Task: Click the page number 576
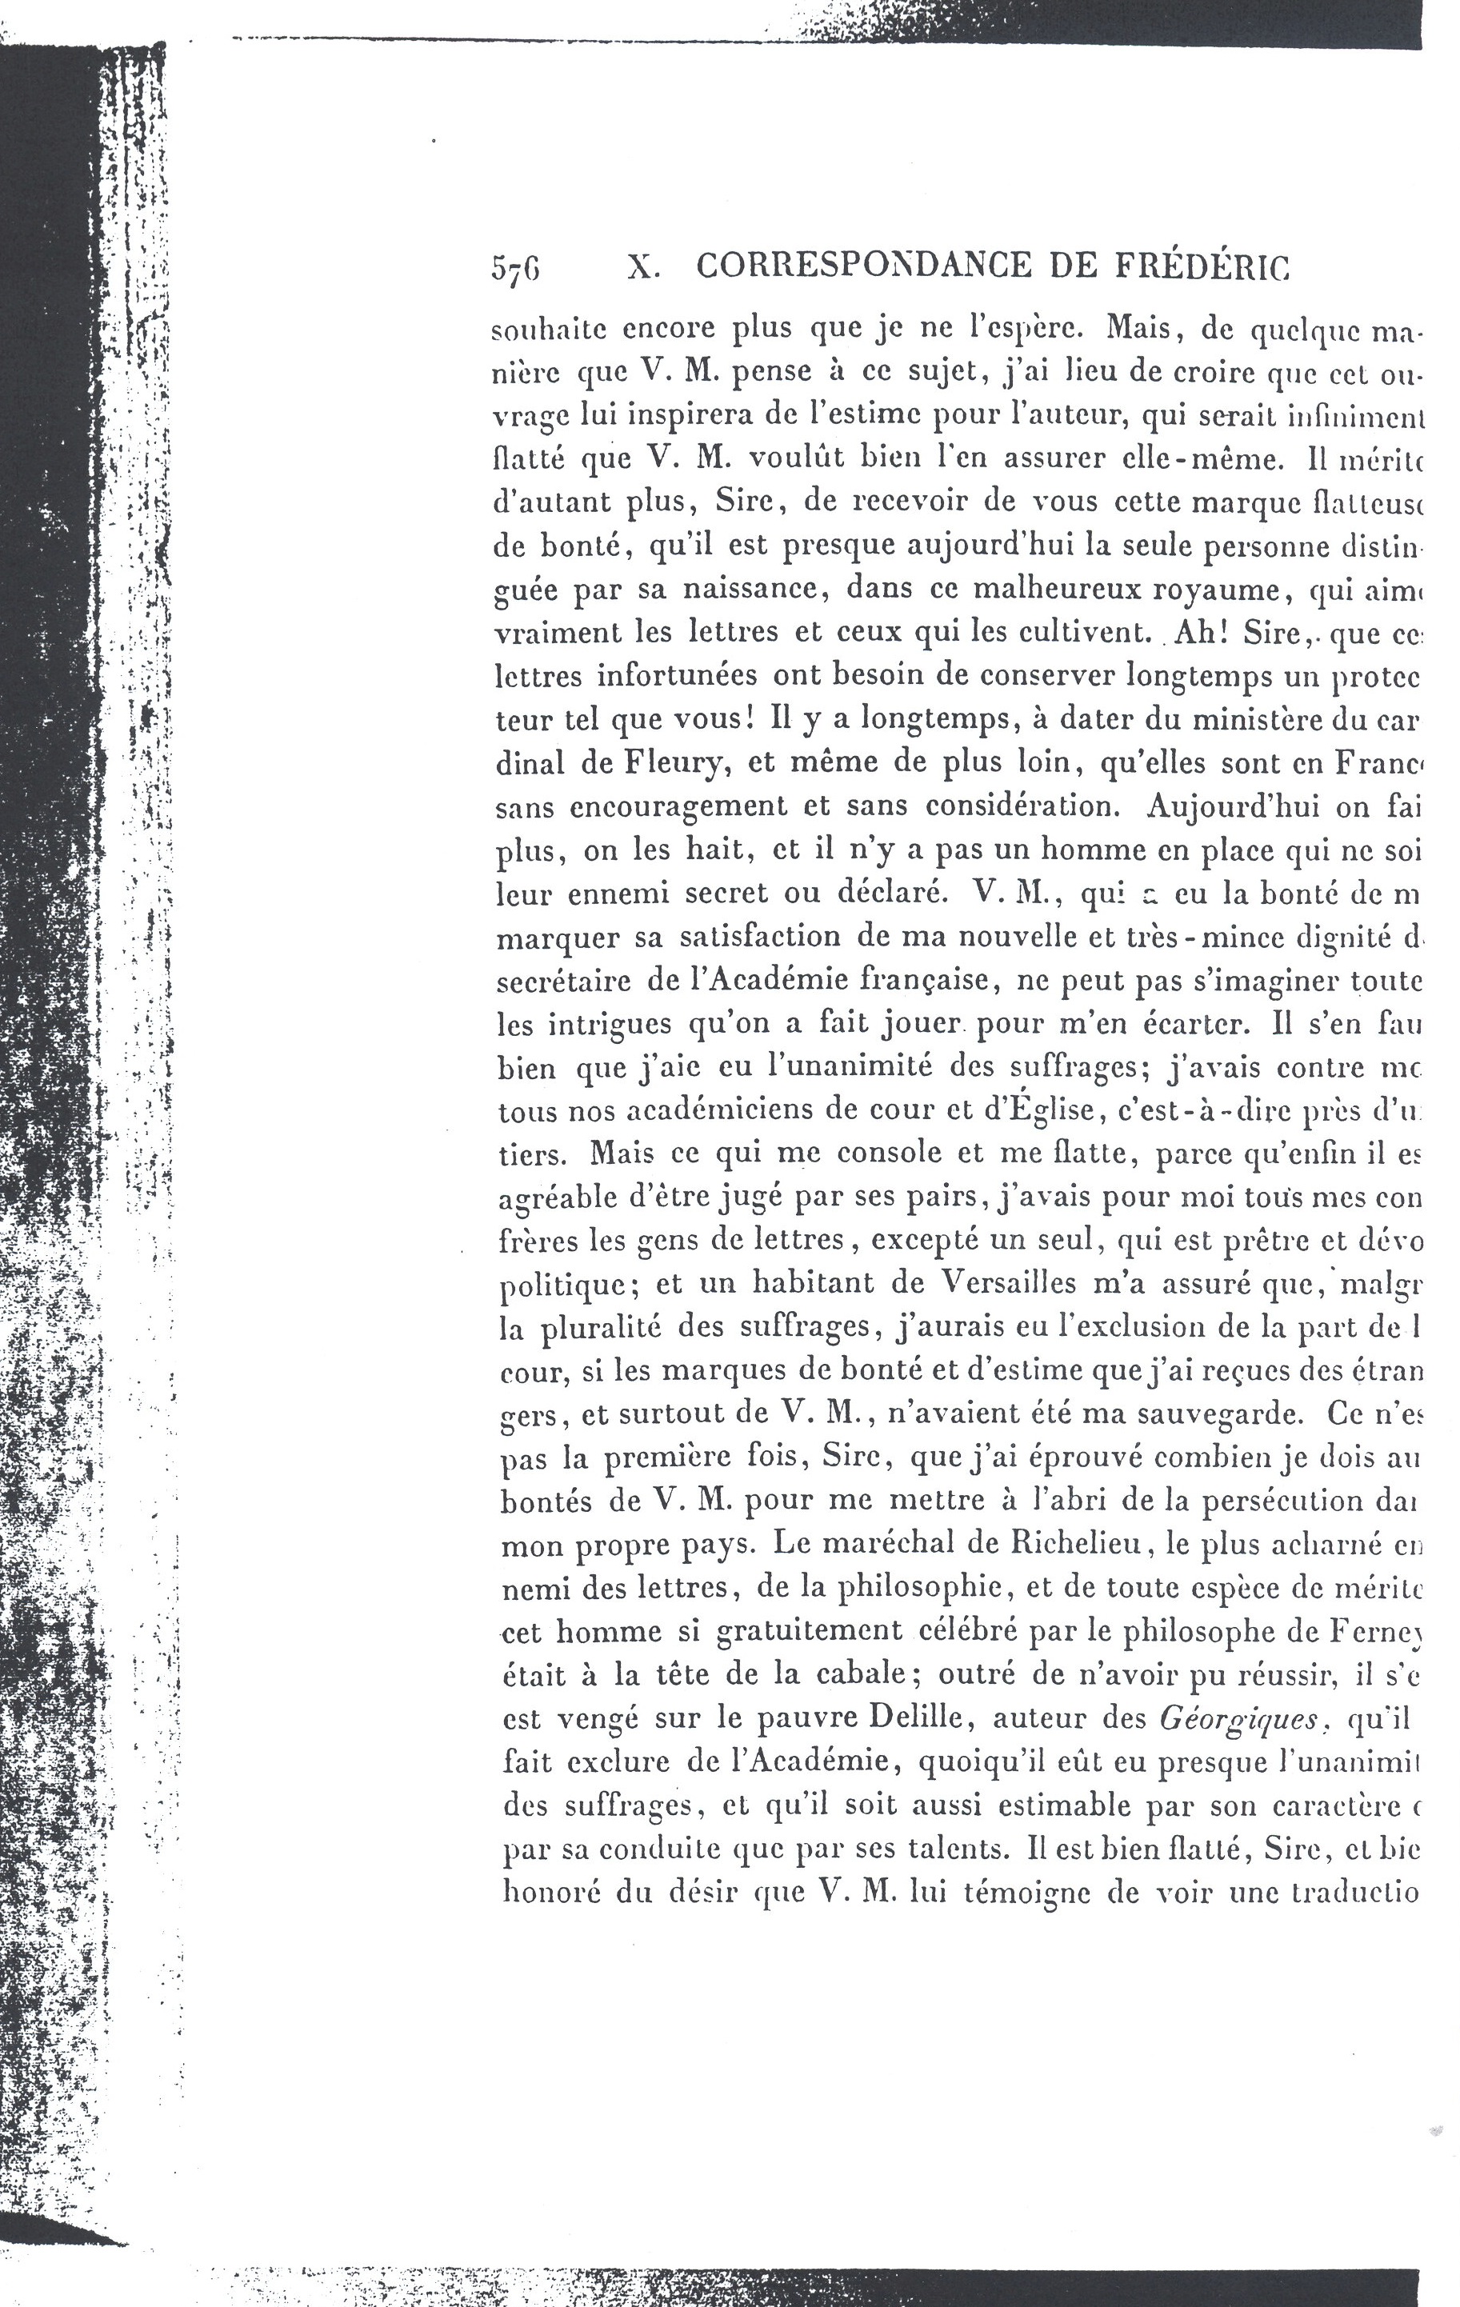(x=516, y=268)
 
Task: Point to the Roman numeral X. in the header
(x=641, y=268)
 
